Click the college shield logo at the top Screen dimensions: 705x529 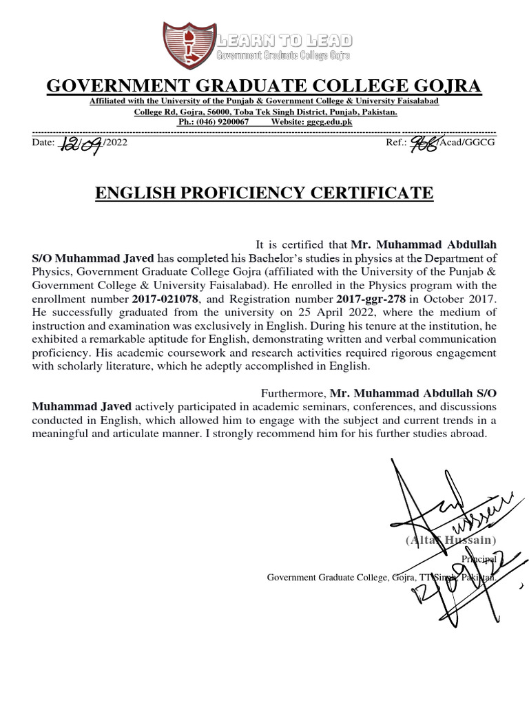click(x=188, y=46)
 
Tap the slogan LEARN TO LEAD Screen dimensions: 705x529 click(x=284, y=40)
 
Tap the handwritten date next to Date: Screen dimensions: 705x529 click(x=82, y=144)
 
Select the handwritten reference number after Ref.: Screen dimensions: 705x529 click(x=426, y=143)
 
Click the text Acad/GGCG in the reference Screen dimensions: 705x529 click(x=468, y=143)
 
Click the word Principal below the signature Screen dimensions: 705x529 click(x=479, y=559)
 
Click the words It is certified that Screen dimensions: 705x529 click(x=302, y=244)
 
